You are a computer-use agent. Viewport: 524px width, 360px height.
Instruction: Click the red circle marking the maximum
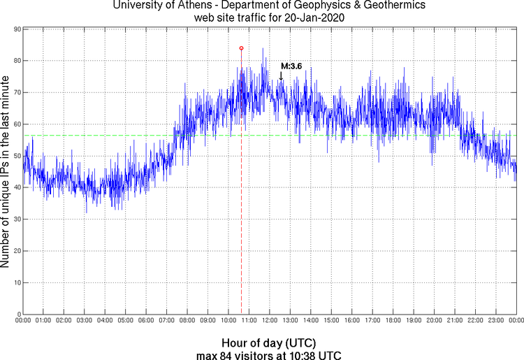pyautogui.click(x=241, y=48)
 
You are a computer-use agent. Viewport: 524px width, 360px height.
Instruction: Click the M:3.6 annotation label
pyautogui.click(x=291, y=66)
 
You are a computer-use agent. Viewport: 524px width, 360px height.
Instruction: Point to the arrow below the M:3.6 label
pyautogui.click(x=281, y=76)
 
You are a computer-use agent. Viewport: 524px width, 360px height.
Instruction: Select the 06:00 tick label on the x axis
pyautogui.click(x=146, y=321)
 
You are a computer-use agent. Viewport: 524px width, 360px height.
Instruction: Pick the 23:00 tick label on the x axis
pyautogui.click(x=495, y=321)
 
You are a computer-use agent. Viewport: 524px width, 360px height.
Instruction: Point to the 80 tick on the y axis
pyautogui.click(x=15, y=61)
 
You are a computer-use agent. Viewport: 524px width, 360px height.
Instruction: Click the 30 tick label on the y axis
pyautogui.click(x=15, y=219)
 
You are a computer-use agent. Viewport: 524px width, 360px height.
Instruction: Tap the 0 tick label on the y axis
pyautogui.click(x=17, y=315)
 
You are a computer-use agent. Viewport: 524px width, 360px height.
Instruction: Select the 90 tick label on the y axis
pyautogui.click(x=15, y=29)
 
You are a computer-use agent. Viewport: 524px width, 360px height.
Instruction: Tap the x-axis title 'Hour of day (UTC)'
pyautogui.click(x=268, y=343)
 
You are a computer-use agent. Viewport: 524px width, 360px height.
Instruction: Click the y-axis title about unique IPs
pyautogui.click(x=6, y=173)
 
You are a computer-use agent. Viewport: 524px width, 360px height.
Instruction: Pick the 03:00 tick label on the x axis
pyautogui.click(x=84, y=321)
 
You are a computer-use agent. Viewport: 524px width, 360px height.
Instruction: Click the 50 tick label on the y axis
pyautogui.click(x=15, y=156)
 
